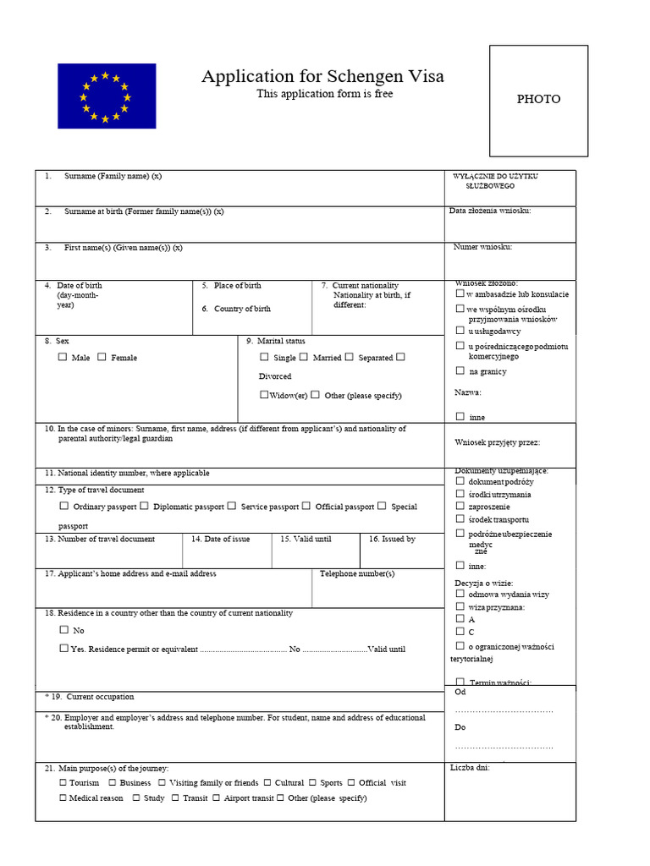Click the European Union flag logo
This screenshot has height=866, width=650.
pos(107,96)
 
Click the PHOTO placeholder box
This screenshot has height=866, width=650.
pos(538,100)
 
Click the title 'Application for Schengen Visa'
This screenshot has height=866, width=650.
pos(322,77)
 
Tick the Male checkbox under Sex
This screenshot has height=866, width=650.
pos(63,357)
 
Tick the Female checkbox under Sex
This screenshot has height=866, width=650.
pos(102,357)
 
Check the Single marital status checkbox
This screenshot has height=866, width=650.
pos(264,357)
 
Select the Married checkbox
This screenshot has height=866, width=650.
pos(304,357)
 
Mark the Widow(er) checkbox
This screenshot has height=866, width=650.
pos(264,395)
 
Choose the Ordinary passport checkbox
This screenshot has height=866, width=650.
pos(64,506)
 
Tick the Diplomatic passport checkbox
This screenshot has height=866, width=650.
pos(145,506)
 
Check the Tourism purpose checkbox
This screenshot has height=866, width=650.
pos(63,782)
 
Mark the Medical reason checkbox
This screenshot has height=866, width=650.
pos(63,797)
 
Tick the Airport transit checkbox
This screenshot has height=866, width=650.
pos(217,797)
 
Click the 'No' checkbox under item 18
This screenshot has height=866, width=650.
pos(64,630)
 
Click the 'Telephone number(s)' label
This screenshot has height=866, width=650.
pos(357,573)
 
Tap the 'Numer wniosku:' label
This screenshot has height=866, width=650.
pos(483,247)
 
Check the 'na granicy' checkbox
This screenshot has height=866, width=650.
pos(460,370)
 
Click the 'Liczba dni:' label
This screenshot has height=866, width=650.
pos(470,767)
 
